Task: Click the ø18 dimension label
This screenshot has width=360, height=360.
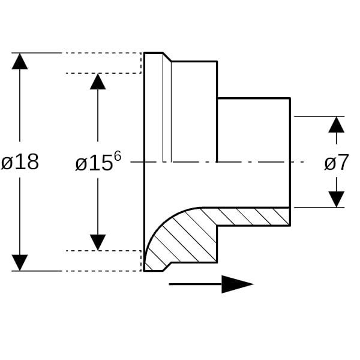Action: click(x=20, y=162)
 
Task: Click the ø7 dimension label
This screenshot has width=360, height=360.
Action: click(x=337, y=163)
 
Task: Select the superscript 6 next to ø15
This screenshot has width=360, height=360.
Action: click(x=118, y=157)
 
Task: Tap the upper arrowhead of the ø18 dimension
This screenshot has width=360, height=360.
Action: click(x=20, y=61)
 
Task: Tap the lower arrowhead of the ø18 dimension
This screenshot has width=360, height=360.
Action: click(x=20, y=263)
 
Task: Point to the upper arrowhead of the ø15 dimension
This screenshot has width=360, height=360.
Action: click(x=98, y=82)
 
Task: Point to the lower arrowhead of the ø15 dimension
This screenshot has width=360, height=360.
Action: click(x=98, y=242)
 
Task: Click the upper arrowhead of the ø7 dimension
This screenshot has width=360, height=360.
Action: click(x=337, y=125)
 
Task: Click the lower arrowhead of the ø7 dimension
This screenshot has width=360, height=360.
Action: click(x=337, y=199)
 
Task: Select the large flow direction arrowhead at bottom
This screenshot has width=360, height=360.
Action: click(x=238, y=284)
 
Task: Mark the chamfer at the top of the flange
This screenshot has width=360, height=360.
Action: click(x=167, y=57)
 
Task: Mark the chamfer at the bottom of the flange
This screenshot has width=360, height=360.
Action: click(x=167, y=266)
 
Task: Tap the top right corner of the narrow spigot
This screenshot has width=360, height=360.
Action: click(x=290, y=98)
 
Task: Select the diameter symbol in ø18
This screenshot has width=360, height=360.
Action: click(x=7, y=163)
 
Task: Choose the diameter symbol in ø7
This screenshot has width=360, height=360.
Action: click(x=330, y=163)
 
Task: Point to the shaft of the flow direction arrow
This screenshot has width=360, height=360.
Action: click(x=196, y=284)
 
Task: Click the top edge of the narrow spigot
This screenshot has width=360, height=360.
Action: click(x=254, y=98)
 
